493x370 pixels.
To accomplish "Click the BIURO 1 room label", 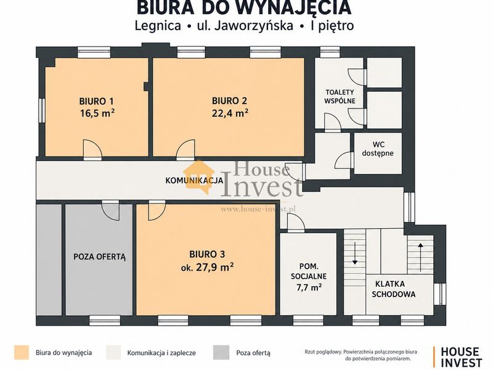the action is click(x=96, y=101).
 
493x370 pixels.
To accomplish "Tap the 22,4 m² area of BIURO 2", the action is click(x=230, y=113).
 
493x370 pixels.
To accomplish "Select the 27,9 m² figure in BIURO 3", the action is click(x=214, y=268).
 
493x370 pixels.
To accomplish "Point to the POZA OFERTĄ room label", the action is click(x=100, y=257).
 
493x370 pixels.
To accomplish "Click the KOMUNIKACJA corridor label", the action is click(x=194, y=181).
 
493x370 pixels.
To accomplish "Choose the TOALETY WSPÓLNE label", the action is click(x=340, y=97).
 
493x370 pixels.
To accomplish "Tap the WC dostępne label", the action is click(x=378, y=149).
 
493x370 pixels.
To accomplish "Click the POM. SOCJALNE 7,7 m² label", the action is click(x=309, y=276).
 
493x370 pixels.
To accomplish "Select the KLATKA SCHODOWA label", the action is click(x=393, y=289).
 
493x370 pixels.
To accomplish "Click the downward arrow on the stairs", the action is click(x=355, y=253).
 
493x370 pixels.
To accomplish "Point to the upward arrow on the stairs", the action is click(x=420, y=257).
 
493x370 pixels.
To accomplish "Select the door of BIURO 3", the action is click(x=157, y=210).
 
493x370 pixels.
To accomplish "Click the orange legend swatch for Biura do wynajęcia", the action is click(x=22, y=352).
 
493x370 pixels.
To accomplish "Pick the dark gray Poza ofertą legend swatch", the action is click(x=221, y=352).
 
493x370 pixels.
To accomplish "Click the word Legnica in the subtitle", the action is click(x=158, y=26).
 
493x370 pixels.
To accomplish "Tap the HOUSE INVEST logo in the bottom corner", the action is click(x=458, y=357).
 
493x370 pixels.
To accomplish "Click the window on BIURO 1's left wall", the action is click(x=41, y=110).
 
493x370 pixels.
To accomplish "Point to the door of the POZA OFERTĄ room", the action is click(x=110, y=210).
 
